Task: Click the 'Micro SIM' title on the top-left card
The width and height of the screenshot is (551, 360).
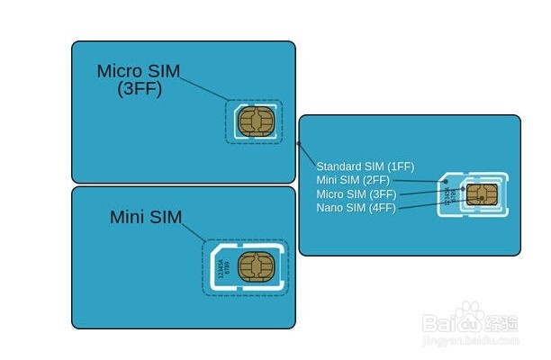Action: (x=140, y=71)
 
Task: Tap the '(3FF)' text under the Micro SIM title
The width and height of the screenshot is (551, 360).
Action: (x=140, y=89)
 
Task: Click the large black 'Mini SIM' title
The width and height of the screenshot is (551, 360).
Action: (x=146, y=217)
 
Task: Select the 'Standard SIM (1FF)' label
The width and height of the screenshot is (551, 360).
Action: (x=365, y=166)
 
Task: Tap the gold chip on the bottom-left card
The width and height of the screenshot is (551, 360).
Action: (x=257, y=268)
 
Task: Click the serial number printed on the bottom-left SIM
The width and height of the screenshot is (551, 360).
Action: (x=222, y=268)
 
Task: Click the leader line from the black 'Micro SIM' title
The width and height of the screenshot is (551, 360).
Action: (x=207, y=89)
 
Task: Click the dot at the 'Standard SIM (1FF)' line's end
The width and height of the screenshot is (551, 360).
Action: (x=298, y=143)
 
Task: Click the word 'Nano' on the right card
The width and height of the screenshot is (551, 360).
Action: (x=329, y=207)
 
